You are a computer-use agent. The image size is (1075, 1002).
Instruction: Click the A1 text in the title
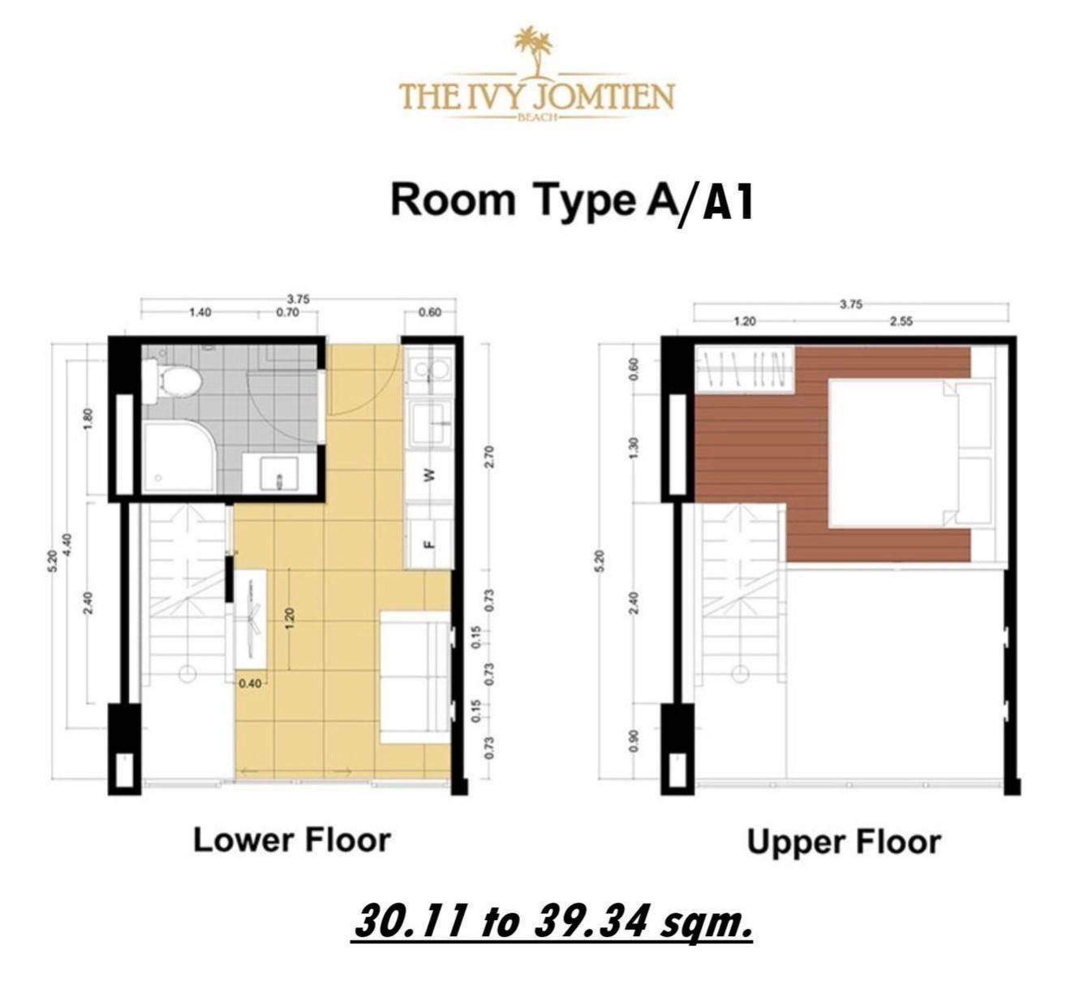[727, 203]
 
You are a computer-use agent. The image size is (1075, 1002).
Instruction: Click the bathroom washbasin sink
[278, 471]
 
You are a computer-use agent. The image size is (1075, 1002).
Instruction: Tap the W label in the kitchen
[429, 475]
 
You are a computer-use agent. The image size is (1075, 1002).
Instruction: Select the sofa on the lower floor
[415, 677]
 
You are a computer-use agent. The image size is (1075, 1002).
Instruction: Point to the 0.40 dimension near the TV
[250, 683]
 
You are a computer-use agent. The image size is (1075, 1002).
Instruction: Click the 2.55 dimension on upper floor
[901, 321]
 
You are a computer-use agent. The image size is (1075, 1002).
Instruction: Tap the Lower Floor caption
[292, 841]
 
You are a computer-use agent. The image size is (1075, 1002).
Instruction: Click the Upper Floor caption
[844, 843]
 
